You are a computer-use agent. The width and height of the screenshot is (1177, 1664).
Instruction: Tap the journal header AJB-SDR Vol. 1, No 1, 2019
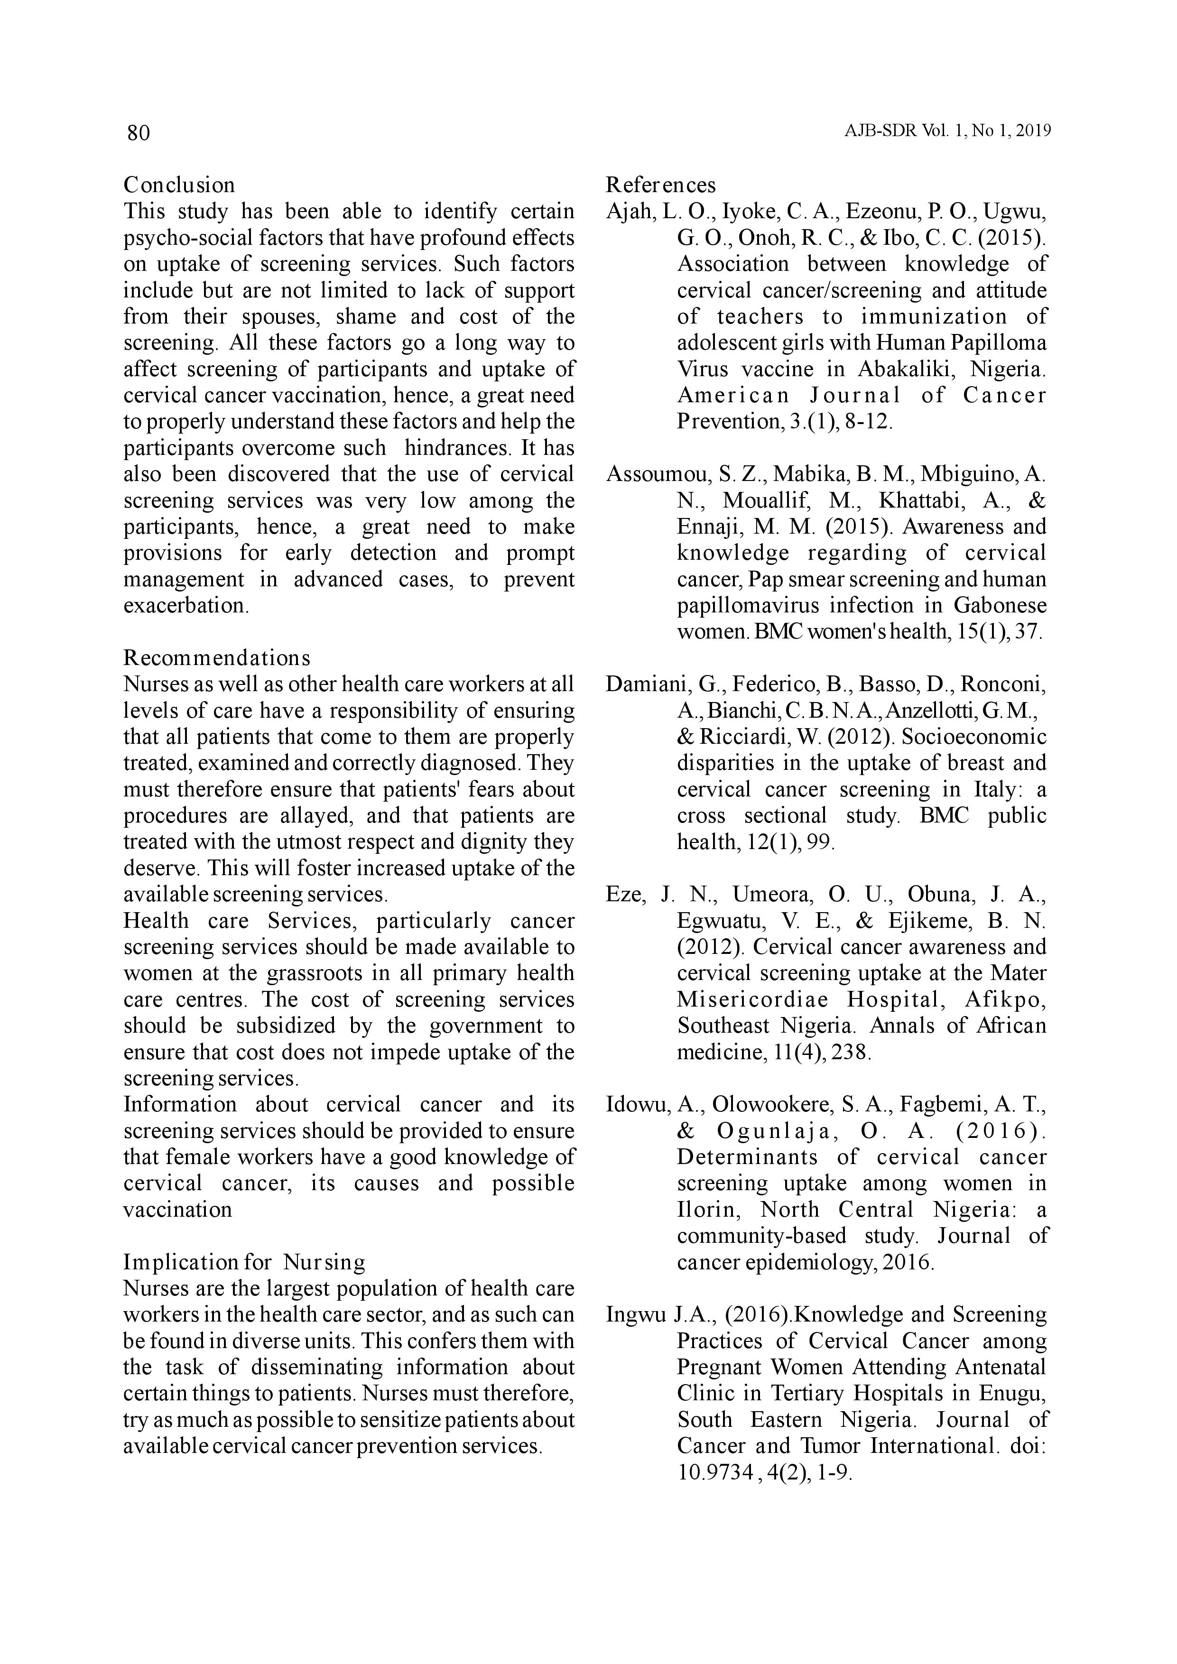[947, 131]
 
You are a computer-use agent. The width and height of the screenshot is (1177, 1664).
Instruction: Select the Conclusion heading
[179, 185]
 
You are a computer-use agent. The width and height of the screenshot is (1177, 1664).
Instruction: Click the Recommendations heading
[217, 658]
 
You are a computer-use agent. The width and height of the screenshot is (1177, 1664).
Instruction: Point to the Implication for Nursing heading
[244, 1263]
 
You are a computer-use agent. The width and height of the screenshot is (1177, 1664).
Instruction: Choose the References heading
[660, 185]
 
